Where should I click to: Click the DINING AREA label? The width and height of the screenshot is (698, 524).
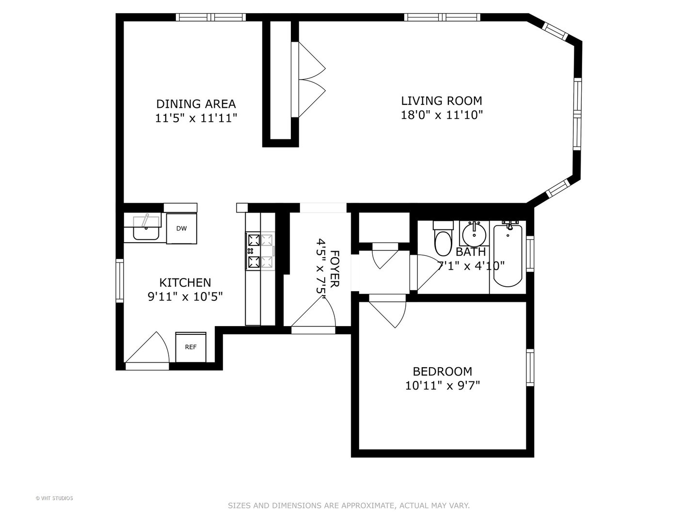pos(196,104)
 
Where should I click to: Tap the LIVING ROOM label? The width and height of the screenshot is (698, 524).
pos(441,101)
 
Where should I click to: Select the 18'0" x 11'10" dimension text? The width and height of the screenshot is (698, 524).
pos(442,115)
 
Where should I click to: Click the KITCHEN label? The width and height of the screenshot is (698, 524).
pos(185,282)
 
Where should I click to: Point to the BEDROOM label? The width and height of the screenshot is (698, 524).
pos(442,372)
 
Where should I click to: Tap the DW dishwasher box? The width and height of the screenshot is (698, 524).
pos(181,229)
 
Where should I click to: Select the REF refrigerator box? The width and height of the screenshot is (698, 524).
pos(190,347)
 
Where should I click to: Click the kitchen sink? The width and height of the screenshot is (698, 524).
pos(146,228)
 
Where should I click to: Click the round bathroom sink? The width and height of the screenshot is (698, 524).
pos(474,235)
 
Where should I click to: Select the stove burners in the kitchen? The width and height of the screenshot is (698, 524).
pos(260,251)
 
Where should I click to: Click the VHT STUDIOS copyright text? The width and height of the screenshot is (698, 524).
pos(54,498)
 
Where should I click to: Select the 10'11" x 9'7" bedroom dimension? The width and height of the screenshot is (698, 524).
pos(442,386)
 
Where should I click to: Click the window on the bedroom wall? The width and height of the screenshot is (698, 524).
pos(530,367)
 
